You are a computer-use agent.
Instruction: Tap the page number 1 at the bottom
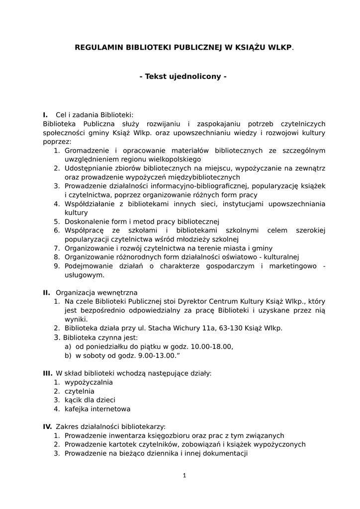pos(184,475)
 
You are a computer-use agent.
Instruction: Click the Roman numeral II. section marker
pos(47,292)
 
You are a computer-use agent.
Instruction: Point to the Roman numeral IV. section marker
pos(48,426)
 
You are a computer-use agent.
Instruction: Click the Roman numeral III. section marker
pos(48,372)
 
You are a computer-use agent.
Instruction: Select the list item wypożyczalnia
pos(89,382)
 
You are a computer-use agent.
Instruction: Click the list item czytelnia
pos(80,391)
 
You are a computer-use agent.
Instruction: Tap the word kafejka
pos(77,409)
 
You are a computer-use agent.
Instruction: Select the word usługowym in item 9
pos(84,275)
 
